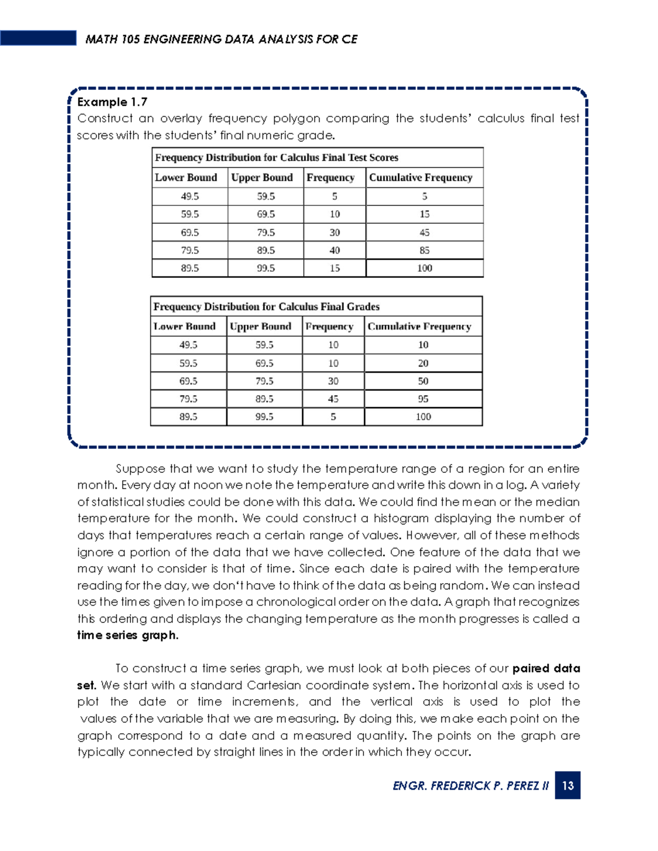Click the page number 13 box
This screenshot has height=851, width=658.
568,785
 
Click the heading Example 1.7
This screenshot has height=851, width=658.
112,102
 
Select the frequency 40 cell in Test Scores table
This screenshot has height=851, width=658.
334,250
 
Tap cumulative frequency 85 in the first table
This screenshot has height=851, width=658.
424,250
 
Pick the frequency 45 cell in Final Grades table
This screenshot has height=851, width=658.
333,399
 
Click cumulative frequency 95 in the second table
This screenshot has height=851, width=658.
423,399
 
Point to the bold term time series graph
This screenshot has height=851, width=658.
128,635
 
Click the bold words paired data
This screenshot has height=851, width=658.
546,668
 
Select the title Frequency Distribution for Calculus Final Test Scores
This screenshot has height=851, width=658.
276,158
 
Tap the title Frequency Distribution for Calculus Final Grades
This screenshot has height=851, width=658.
266,307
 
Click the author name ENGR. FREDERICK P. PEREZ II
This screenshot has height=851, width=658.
470,786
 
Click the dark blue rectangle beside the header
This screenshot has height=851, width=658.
38,38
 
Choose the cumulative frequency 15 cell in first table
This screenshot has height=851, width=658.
424,214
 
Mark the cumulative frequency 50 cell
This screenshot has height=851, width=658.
423,381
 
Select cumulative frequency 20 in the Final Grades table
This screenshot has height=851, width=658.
423,363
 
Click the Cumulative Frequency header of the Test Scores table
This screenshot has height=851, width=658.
421,178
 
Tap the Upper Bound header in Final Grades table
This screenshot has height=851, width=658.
260,327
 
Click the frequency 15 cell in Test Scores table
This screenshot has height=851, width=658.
334,268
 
